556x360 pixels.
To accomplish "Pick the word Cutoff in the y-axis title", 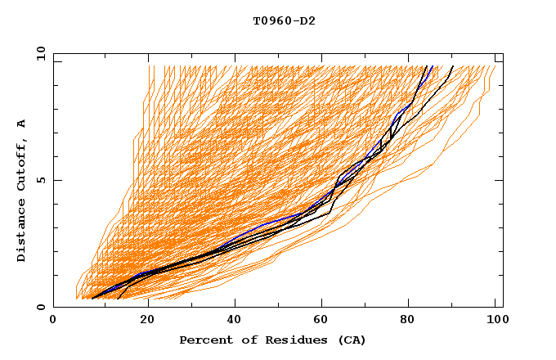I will coord(22,166).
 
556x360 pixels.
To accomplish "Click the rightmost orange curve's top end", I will coord(493,66).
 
